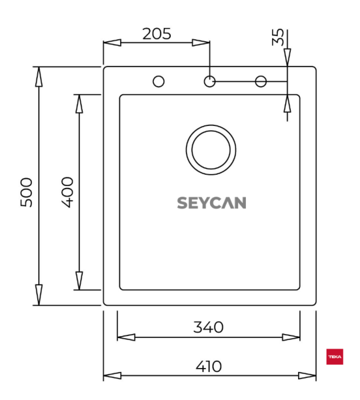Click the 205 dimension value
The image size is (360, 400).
click(157, 33)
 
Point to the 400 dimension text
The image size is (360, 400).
click(67, 192)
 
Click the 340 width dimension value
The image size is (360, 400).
click(208, 327)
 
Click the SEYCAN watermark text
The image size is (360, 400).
click(211, 203)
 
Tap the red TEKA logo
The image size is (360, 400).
click(334, 358)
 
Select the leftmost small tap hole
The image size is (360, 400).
click(159, 81)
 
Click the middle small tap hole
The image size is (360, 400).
click(209, 81)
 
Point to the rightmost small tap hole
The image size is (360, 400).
click(261, 81)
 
